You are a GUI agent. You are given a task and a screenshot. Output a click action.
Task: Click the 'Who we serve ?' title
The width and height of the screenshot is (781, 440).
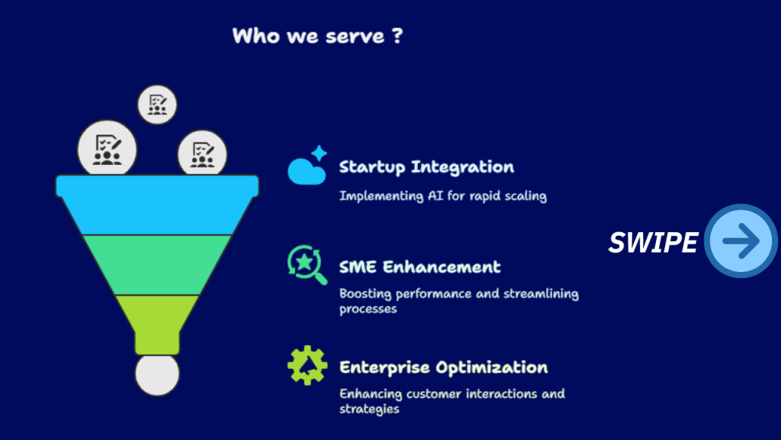point(317,36)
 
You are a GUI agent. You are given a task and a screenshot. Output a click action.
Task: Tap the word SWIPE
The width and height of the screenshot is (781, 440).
point(652,242)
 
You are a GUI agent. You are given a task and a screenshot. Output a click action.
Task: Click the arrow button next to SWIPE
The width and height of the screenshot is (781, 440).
point(741,241)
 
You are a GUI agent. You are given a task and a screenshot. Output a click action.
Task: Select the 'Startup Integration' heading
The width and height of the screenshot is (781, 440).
point(426,167)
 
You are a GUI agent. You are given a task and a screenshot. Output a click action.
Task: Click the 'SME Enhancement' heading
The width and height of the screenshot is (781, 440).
point(419,267)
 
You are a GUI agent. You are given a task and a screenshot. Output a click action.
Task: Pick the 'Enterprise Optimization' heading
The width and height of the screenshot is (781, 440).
point(443,367)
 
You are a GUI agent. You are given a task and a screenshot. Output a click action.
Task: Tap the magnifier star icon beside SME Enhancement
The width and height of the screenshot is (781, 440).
point(306,264)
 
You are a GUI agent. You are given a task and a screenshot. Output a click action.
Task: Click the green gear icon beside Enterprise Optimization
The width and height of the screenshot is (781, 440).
point(307,365)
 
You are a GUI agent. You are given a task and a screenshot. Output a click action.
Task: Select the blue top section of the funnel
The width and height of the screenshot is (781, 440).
point(157,204)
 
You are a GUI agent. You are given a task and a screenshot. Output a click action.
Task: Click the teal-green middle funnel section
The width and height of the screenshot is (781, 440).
point(157,264)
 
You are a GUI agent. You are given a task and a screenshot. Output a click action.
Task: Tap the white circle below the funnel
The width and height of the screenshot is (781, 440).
point(157,375)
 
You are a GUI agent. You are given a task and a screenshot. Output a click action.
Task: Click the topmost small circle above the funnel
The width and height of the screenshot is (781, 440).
point(157,104)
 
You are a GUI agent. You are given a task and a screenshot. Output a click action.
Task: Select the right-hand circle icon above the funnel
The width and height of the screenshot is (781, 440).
point(202,152)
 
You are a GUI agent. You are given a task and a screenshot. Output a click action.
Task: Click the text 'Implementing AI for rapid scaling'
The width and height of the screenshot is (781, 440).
point(442,196)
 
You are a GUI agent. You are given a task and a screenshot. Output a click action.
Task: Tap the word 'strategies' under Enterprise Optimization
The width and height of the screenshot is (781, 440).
point(369,409)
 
